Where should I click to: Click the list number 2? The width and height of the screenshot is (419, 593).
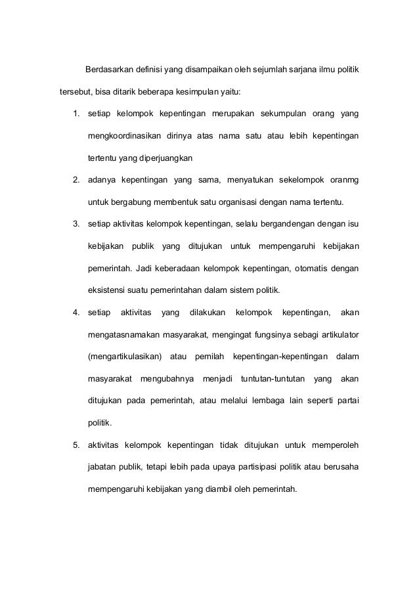(76, 181)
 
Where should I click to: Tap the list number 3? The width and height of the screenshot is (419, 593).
(76, 224)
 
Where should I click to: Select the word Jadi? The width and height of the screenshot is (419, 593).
(144, 267)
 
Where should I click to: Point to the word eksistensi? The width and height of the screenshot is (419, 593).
(107, 289)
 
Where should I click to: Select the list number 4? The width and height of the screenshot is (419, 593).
(76, 311)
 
